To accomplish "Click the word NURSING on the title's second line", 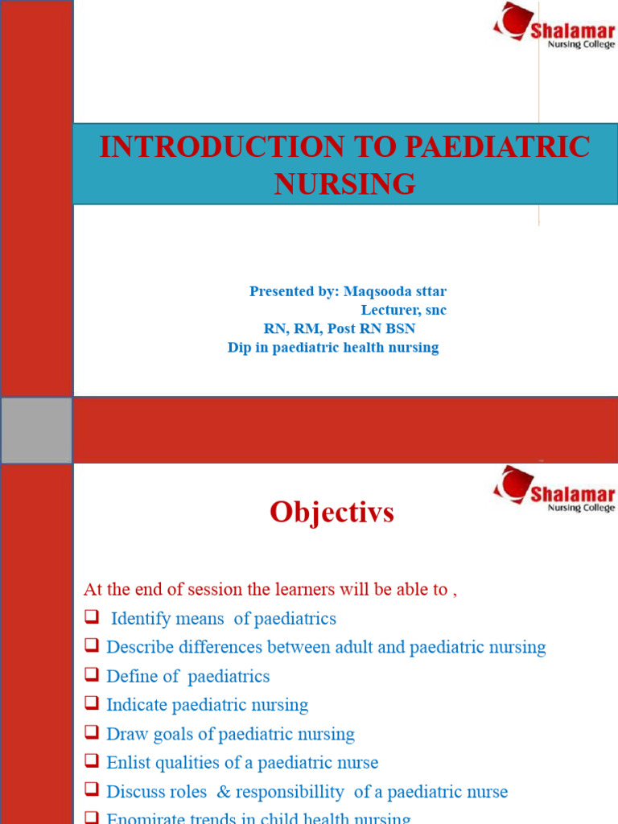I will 344,184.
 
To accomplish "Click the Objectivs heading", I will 332,513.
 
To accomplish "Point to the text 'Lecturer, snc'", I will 403,310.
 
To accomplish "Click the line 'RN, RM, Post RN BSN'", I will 340,328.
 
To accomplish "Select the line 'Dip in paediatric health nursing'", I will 333,348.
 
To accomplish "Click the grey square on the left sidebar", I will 36,431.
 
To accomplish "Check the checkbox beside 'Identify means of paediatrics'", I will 91,618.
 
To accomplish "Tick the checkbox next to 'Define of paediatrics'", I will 91,676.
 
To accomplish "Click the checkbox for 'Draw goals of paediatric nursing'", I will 91,734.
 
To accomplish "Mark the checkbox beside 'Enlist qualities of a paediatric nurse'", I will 91,762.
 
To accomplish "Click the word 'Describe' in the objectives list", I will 140,647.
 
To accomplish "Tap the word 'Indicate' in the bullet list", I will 138,705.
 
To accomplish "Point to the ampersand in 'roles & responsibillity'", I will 222,792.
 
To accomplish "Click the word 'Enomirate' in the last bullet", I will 145,818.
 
